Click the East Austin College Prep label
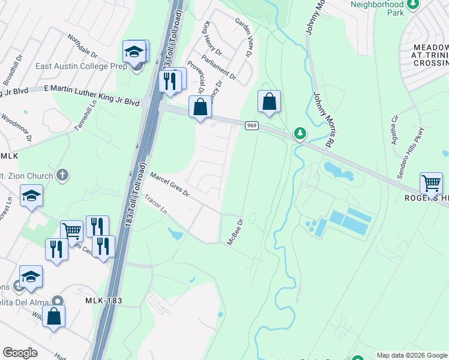click(x=81, y=66)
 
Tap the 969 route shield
click(x=252, y=125)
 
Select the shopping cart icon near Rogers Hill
click(x=431, y=183)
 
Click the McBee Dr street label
click(x=234, y=231)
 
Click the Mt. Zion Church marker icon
click(x=61, y=175)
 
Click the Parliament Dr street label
click(x=220, y=66)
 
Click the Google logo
click(x=20, y=353)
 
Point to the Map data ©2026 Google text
click(x=412, y=355)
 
